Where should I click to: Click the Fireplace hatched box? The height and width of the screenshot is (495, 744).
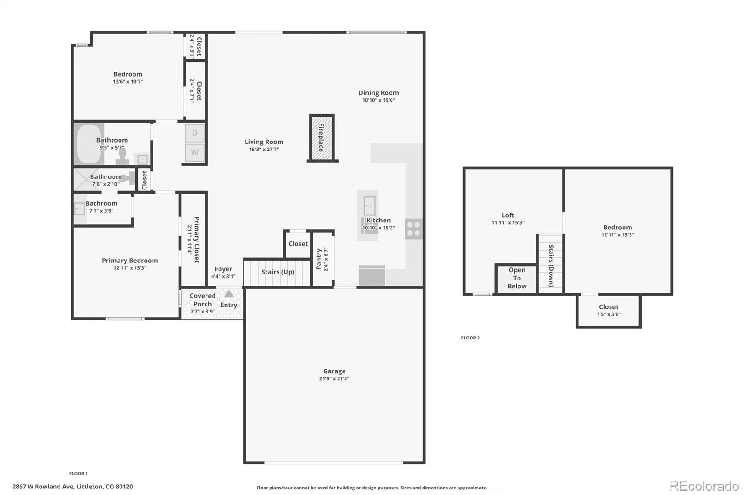point(321,137)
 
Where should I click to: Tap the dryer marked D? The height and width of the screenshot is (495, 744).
point(195,133)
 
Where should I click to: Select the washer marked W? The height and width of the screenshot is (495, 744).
point(195,152)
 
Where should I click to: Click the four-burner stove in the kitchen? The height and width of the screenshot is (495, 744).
point(413,229)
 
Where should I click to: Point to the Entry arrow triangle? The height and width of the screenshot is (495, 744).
point(228,293)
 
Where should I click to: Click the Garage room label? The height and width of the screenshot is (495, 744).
point(334,371)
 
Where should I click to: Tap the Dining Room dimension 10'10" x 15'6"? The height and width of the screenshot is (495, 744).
point(379,100)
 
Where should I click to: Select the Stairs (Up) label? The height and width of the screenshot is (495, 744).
point(278,272)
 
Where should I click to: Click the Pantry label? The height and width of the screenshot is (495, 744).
point(319,259)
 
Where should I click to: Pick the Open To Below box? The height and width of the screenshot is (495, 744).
point(517,278)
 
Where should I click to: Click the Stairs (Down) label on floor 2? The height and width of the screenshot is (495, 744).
point(551,266)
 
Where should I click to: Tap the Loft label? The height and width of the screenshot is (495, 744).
point(508,215)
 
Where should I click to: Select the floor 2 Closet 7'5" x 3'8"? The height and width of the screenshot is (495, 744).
point(609,311)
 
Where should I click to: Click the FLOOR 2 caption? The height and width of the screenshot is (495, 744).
point(470,338)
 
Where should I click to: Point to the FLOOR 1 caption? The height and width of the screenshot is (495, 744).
point(79,474)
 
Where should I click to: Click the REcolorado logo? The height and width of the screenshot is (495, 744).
point(704,486)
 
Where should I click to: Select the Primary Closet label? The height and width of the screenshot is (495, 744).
point(197,240)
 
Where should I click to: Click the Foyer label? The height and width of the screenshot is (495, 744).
point(223,269)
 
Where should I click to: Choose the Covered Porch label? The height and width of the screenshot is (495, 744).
point(203,300)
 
